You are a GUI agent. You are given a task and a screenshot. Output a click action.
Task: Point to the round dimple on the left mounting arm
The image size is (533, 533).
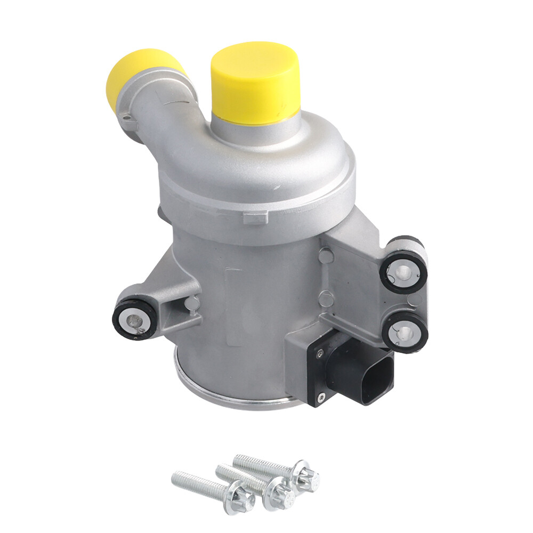tap(192, 305)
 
